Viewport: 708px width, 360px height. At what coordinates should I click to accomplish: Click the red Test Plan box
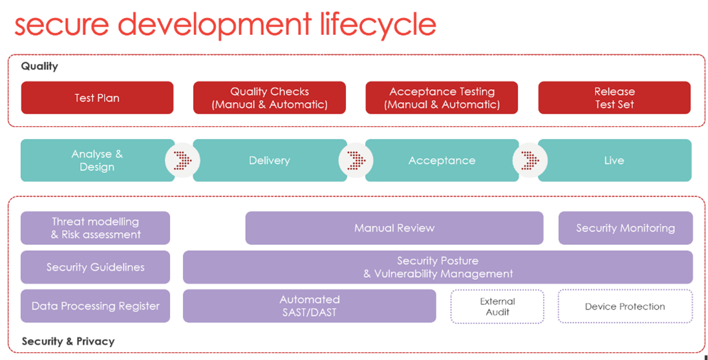coord(97,98)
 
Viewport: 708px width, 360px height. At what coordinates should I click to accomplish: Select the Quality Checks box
coord(270,98)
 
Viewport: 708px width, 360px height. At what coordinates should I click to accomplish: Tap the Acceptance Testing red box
coord(442,98)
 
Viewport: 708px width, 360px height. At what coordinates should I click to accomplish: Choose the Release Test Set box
coord(614,98)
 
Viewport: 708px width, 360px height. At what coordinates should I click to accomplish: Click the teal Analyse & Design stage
coord(97,160)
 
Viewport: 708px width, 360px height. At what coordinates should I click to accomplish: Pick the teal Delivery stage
coord(270,160)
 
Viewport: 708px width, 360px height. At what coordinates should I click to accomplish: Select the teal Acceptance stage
coord(442,160)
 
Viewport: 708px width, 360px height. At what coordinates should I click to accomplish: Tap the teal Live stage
coord(614,160)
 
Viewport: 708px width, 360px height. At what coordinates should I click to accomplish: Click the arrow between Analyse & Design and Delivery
coord(182,160)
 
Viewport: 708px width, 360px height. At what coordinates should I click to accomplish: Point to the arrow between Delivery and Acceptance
coord(356,160)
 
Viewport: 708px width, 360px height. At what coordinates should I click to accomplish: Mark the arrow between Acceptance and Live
coord(530,160)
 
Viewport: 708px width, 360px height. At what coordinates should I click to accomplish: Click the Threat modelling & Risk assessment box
coord(95,228)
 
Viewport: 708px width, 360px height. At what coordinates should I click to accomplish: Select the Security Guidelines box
coord(95,267)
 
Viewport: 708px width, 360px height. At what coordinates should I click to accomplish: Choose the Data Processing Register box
coord(95,306)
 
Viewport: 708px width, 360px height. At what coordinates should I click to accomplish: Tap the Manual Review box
coord(394,228)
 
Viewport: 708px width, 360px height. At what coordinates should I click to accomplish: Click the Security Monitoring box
coord(625,228)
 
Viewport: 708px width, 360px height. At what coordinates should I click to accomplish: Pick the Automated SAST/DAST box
coord(309,306)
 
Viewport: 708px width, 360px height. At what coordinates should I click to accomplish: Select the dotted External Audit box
coord(497,306)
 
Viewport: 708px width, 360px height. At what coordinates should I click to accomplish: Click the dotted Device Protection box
coord(625,306)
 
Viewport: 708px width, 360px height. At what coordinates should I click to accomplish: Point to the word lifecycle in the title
coord(378,24)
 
